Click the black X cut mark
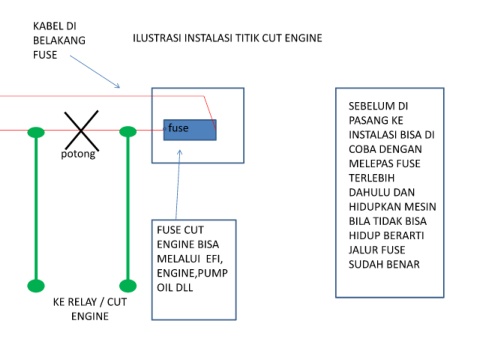[81, 130]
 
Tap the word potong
[78, 154]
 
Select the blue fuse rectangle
[190, 130]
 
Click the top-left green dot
[36, 132]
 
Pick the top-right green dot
[128, 132]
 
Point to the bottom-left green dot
[36, 286]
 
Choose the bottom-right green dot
[128, 286]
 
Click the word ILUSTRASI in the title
[157, 38]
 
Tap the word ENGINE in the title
[303, 38]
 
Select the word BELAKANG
[59, 40]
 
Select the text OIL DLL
[175, 288]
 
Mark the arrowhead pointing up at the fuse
[180, 152]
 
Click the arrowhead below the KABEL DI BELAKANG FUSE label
[117, 86]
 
